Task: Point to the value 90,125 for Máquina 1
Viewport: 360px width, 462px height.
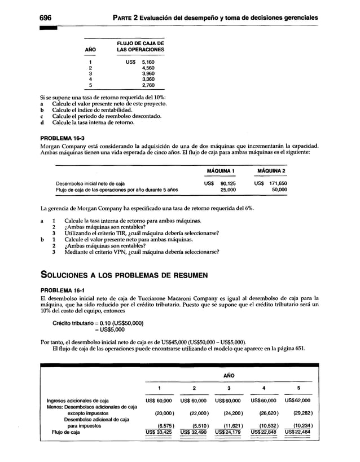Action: tap(227, 183)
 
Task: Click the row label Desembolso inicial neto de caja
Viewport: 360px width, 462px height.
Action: tap(90, 183)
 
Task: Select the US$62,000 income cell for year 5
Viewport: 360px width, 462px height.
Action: tap(297, 401)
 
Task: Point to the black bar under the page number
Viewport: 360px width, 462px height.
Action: tap(49, 27)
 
